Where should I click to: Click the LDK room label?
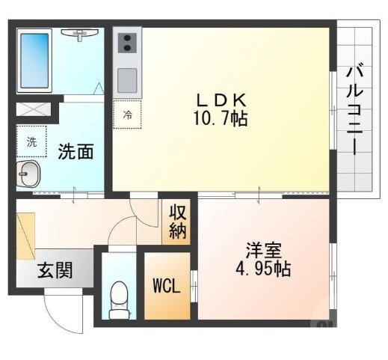point(221,100)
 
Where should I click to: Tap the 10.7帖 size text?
point(221,118)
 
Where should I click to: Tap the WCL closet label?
point(166,287)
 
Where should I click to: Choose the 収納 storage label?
point(177,222)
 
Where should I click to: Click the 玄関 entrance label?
point(55,269)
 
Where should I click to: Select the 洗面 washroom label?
point(76,151)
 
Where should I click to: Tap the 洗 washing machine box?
point(31,141)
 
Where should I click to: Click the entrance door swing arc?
point(64,311)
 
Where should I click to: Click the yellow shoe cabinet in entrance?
point(27,231)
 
